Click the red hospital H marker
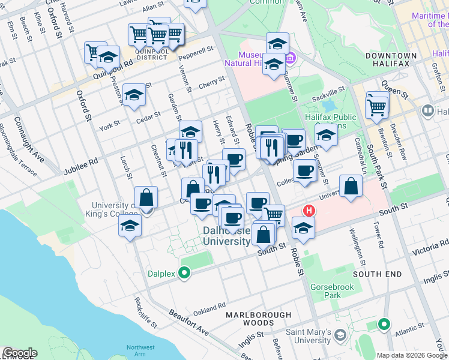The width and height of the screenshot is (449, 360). [x=309, y=211]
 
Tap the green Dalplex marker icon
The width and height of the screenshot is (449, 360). [x=184, y=274]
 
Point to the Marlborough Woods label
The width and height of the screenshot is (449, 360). [x=258, y=319]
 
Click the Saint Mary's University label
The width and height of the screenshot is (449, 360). [x=309, y=336]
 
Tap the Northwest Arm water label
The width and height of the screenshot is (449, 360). [x=140, y=351]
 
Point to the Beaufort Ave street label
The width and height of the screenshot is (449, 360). [x=188, y=323]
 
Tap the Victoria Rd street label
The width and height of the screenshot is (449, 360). [x=427, y=247]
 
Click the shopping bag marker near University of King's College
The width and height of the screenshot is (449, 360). [x=146, y=197]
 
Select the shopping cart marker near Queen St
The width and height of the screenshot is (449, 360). [x=377, y=107]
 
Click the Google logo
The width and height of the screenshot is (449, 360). [x=20, y=353]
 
